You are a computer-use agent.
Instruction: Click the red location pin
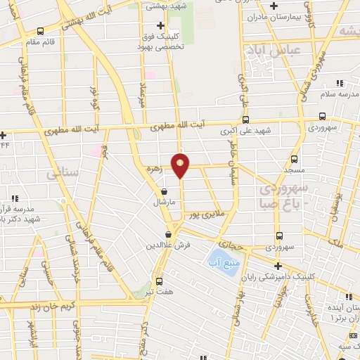[x=181, y=165]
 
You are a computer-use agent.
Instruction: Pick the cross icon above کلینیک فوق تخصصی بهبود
[x=162, y=25]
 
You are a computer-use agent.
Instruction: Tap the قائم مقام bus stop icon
[x=39, y=31]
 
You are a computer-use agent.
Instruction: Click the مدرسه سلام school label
[x=337, y=94]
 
